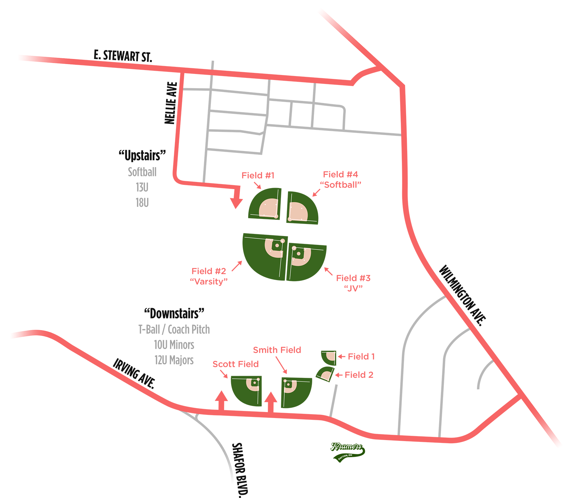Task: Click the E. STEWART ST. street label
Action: click(123, 56)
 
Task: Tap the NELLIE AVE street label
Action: click(171, 103)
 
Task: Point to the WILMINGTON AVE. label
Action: click(462, 295)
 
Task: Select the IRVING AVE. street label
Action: click(134, 373)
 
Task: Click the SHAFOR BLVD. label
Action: click(239, 470)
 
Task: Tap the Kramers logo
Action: click(347, 451)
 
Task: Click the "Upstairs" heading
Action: click(142, 155)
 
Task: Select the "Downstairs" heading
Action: click(174, 314)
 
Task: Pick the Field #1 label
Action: click(258, 175)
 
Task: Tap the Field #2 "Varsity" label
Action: click(209, 276)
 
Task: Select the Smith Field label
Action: click(277, 350)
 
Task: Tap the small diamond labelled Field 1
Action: click(329, 357)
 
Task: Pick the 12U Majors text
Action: click(174, 360)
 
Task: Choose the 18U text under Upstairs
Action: click(142, 203)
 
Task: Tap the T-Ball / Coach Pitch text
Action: click(174, 330)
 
